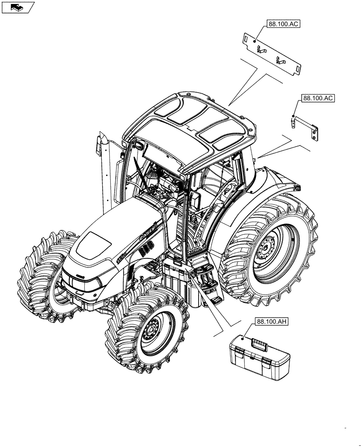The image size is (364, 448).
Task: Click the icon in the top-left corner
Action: click(x=18, y=7)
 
